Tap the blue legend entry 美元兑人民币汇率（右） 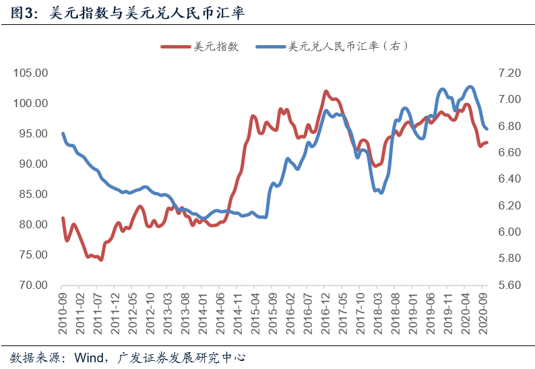tap(348, 46)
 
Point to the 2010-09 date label tap(63, 308)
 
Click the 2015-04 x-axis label tap(255, 308)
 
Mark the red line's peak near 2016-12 tap(325, 91)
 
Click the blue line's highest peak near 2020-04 tap(470, 87)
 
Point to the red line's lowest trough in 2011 tap(101, 259)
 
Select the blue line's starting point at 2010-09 tap(63, 133)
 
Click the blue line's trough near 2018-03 tap(381, 193)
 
